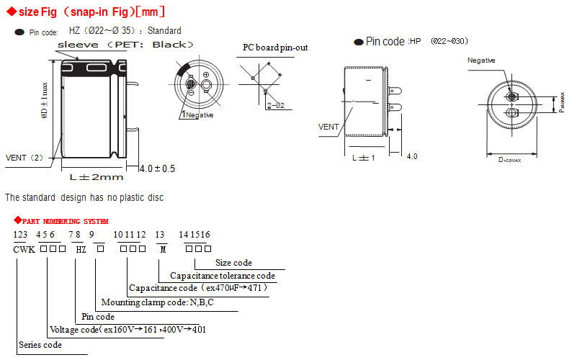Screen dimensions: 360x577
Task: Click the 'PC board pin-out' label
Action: coord(275,48)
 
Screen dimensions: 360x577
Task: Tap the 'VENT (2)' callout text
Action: coord(24,157)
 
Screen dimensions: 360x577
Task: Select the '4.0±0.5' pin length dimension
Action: coord(157,168)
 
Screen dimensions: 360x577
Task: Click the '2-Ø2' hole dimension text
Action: coord(276,105)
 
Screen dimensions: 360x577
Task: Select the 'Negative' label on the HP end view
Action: coord(481,60)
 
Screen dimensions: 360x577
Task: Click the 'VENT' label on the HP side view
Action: coord(328,127)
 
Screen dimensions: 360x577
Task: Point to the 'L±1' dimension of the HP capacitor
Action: coord(363,157)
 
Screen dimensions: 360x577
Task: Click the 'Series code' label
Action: coord(40,344)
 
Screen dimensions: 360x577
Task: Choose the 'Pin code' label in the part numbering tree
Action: coord(98,316)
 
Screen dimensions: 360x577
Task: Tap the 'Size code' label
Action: coord(233,263)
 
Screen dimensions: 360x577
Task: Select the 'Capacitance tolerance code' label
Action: coord(223,276)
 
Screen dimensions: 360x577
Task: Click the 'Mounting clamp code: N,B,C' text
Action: coord(158,302)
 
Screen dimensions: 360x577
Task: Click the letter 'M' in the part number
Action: coord(163,249)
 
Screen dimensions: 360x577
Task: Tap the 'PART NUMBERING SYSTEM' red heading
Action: coord(65,221)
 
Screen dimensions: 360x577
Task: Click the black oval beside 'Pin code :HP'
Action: coord(358,42)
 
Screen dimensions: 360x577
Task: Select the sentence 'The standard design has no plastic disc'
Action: coord(84,197)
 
